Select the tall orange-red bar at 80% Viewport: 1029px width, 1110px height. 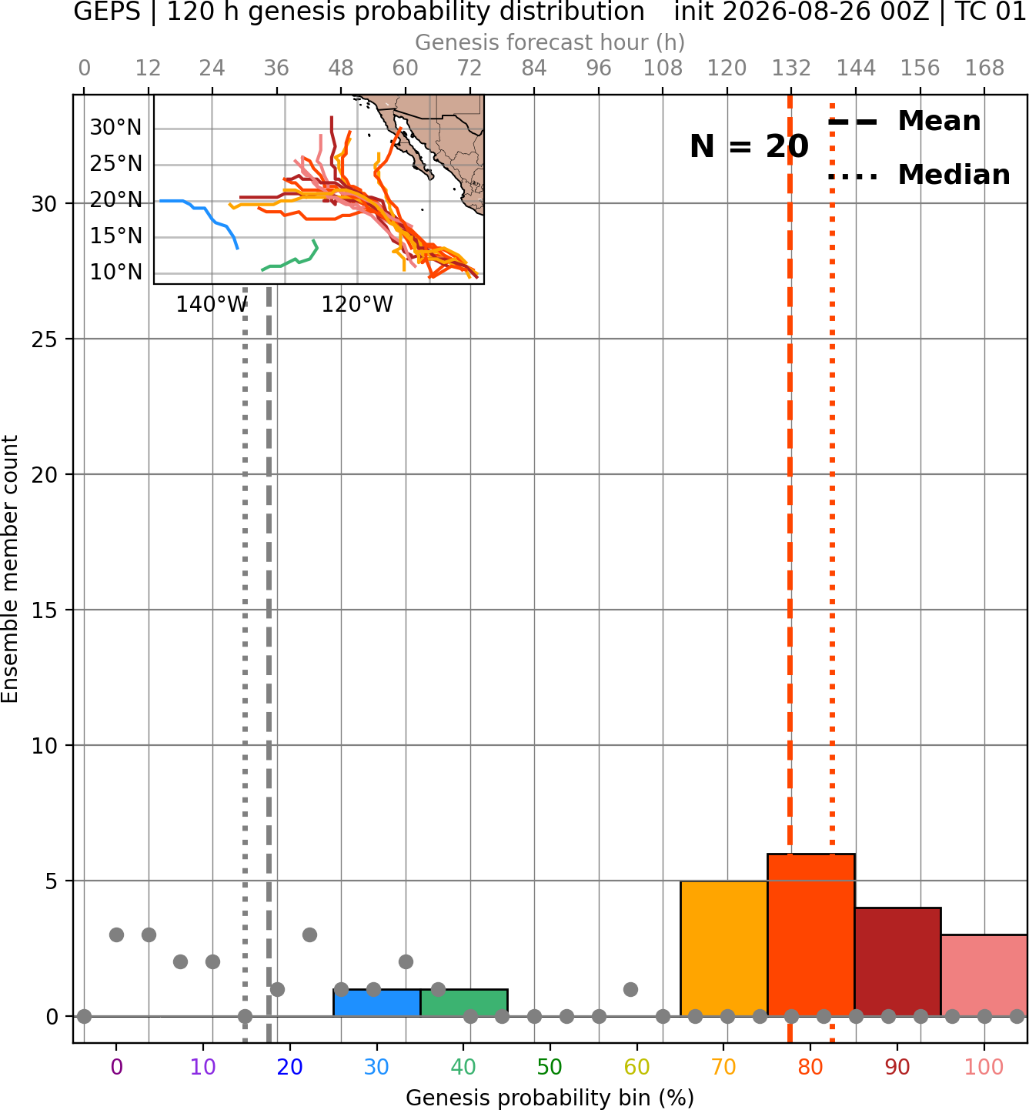(x=811, y=934)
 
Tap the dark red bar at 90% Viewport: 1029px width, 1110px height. (x=897, y=961)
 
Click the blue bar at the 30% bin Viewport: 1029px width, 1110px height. (x=376, y=1002)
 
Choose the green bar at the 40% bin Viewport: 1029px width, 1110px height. (x=464, y=1002)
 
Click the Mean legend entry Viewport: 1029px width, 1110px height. (x=904, y=121)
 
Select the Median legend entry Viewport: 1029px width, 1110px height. (x=919, y=175)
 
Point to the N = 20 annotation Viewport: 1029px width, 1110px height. (x=749, y=146)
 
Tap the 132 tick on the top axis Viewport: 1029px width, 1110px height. (x=791, y=69)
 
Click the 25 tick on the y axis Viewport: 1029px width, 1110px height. (x=45, y=339)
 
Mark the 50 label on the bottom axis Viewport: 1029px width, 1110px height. (x=550, y=1067)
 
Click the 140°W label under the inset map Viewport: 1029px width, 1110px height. (x=212, y=305)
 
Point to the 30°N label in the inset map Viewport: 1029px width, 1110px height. (x=115, y=128)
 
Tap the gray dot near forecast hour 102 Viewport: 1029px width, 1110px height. (x=630, y=989)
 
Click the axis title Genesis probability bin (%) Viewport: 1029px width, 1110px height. (x=550, y=1098)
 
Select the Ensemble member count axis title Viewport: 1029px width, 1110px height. (x=10, y=569)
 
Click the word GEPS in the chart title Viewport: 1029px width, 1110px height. (x=107, y=12)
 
